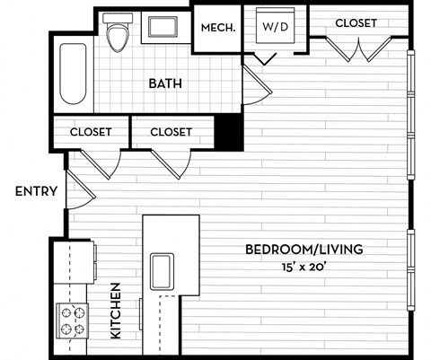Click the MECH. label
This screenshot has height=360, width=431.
point(218,27)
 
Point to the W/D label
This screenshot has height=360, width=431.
point(274,27)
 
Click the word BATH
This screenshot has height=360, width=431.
point(165,83)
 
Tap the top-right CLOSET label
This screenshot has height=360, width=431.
point(356,22)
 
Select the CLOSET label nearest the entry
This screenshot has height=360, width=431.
point(91,131)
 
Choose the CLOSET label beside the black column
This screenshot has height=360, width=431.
point(171,131)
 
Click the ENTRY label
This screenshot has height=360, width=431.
point(37,190)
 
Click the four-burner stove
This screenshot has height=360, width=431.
point(72,318)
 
